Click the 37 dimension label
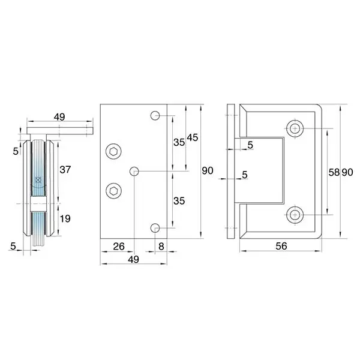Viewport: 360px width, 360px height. pyautogui.click(x=65, y=170)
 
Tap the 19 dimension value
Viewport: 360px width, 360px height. pyautogui.click(x=65, y=219)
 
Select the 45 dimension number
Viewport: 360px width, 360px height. pyautogui.click(x=193, y=137)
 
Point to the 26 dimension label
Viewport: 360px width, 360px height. pyautogui.click(x=119, y=247)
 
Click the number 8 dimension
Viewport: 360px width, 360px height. pyautogui.click(x=161, y=247)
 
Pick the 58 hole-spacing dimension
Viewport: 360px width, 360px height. pyautogui.click(x=334, y=172)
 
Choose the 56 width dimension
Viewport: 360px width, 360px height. pyautogui.click(x=281, y=246)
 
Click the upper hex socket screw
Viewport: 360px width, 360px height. pyautogui.click(x=113, y=152)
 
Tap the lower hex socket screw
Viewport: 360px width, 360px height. pyautogui.click(x=113, y=191)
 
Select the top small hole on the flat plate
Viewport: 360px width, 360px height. pyautogui.click(x=155, y=115)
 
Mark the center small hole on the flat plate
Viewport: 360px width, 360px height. pyautogui.click(x=134, y=171)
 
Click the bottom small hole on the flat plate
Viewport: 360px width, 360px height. pyautogui.click(x=155, y=228)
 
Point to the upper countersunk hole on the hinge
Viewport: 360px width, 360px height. pyautogui.click(x=295, y=128)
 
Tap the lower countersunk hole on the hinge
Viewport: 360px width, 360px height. pyautogui.click(x=295, y=215)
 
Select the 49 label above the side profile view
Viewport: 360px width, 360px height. pyautogui.click(x=59, y=117)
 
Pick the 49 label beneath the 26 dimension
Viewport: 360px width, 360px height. pyautogui.click(x=133, y=259)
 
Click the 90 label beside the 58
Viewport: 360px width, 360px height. pyautogui.click(x=347, y=172)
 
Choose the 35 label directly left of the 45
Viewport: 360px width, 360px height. pyautogui.click(x=179, y=142)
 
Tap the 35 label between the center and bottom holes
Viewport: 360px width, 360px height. pyautogui.click(x=179, y=201)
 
